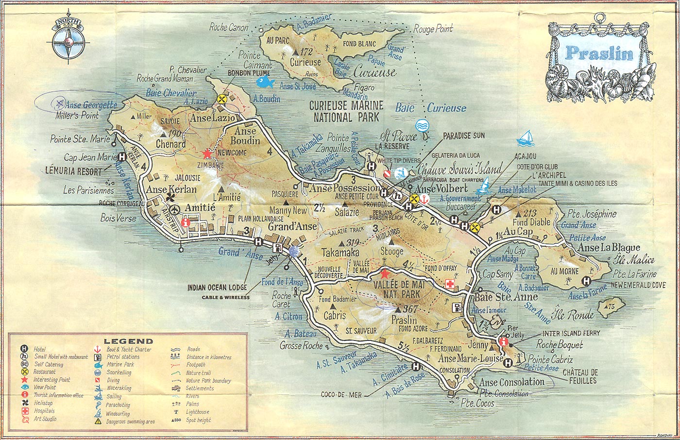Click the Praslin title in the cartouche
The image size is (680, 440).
click(x=600, y=52)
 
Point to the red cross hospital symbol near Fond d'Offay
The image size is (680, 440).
click(x=450, y=284)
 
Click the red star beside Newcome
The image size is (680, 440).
click(x=207, y=153)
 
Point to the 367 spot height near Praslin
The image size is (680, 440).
click(x=407, y=309)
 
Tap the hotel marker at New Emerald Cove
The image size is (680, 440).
click(x=586, y=281)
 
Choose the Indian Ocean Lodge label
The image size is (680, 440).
click(x=217, y=288)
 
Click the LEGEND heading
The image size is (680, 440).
click(x=128, y=341)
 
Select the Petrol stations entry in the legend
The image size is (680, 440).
click(x=123, y=357)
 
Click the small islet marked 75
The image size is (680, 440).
click(x=607, y=306)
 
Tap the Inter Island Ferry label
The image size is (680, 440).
click(x=571, y=333)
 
